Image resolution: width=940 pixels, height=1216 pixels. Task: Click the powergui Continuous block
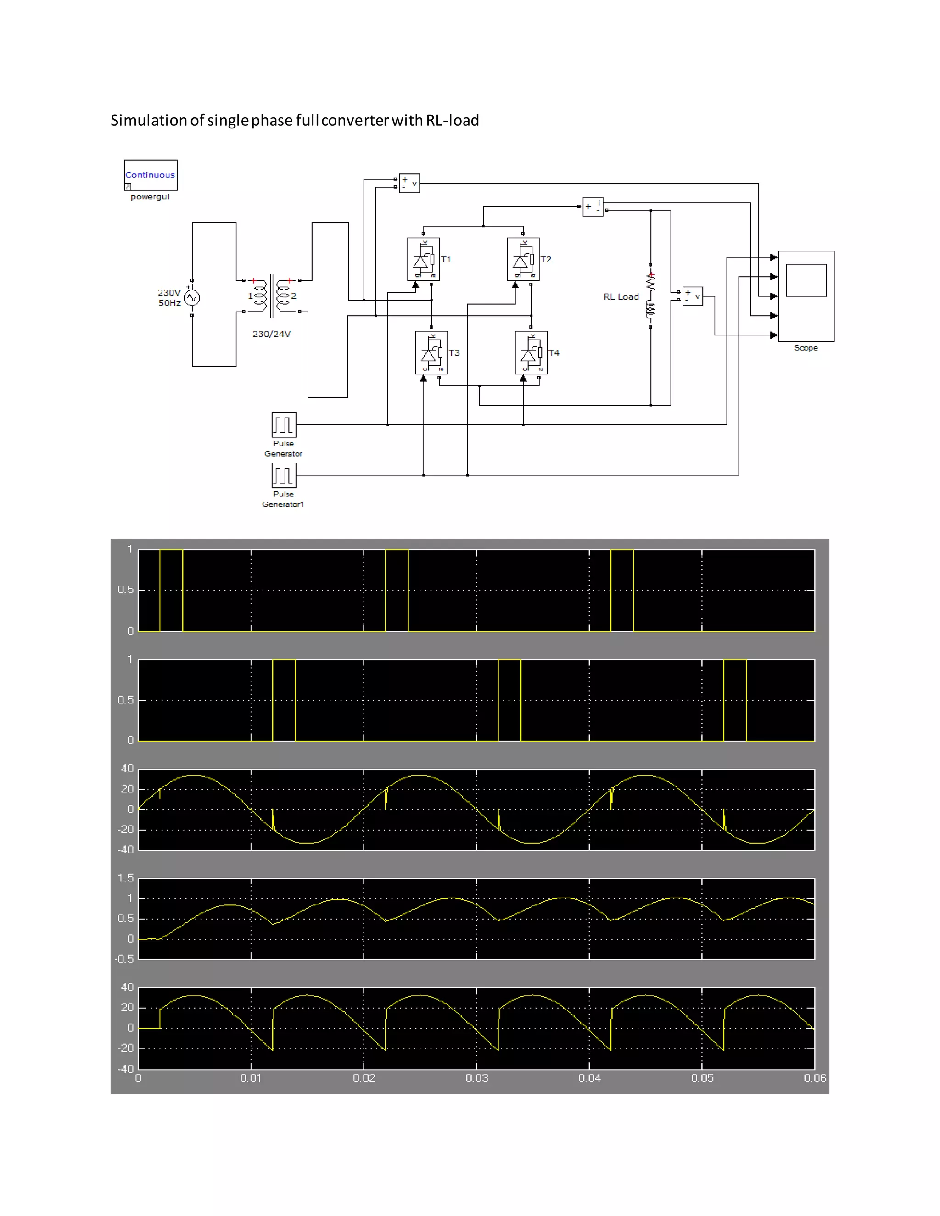point(151,175)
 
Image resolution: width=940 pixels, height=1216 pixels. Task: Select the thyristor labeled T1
point(423,259)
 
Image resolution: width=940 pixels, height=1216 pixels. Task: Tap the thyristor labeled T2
point(523,259)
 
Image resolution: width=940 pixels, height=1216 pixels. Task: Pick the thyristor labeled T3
point(431,353)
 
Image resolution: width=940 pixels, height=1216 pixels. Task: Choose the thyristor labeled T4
point(531,353)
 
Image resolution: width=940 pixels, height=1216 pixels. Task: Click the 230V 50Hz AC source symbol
point(191,298)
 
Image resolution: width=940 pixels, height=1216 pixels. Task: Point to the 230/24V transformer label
point(272,334)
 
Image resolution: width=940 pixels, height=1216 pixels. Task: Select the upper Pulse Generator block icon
point(284,425)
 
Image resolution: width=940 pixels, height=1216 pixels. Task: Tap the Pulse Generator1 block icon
point(284,475)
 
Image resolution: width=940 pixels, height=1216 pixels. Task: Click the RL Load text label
point(621,297)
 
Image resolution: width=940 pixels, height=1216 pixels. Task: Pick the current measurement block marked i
point(593,206)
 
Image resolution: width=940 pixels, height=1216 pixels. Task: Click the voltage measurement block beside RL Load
point(692,296)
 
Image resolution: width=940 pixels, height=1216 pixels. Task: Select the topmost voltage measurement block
point(409,183)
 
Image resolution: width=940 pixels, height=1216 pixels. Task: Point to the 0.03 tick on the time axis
point(477,1078)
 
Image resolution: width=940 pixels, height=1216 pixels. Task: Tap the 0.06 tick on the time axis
point(814,1078)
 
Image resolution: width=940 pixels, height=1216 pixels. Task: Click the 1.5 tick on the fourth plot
point(126,878)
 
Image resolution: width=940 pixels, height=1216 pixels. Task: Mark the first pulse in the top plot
point(171,590)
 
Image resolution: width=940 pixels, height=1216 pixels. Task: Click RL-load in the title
point(452,120)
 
